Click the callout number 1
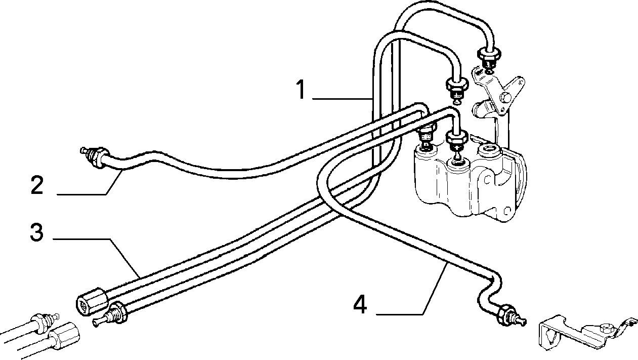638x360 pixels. [301, 90]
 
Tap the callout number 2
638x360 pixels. [37, 185]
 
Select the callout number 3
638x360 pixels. [37, 232]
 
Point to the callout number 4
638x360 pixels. [360, 305]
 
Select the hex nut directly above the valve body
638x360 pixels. [456, 137]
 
